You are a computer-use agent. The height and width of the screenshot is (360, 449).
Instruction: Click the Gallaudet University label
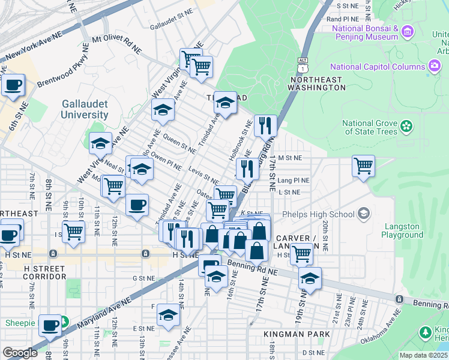tap(85, 109)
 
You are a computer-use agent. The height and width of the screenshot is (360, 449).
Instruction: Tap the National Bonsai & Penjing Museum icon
tap(408, 31)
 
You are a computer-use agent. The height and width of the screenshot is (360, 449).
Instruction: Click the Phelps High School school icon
tap(363, 214)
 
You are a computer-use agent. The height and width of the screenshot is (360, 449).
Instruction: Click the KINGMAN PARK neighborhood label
tap(297, 334)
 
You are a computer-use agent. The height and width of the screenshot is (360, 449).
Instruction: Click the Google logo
tap(20, 353)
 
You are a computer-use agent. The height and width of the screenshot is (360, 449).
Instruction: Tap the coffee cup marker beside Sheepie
tap(50, 325)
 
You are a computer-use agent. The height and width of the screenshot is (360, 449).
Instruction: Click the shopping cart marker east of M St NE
tap(363, 166)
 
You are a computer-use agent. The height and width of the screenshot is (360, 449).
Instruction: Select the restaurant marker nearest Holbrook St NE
tap(265, 126)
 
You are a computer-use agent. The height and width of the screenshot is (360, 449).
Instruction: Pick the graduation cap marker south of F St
tap(169, 314)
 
